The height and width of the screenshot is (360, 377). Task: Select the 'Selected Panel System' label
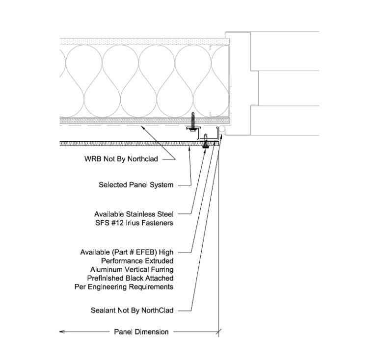136,185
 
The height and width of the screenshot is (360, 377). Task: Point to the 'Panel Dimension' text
141,332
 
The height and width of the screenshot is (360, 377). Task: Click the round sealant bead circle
221,129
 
